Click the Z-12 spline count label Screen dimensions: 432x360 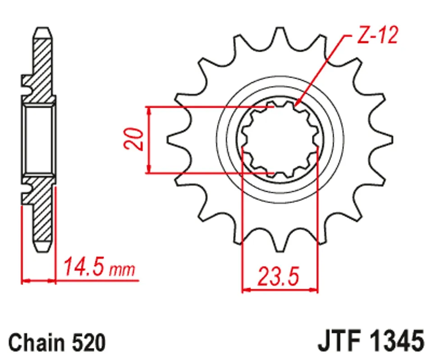[x=377, y=35]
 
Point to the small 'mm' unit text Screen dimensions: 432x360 [x=122, y=270]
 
